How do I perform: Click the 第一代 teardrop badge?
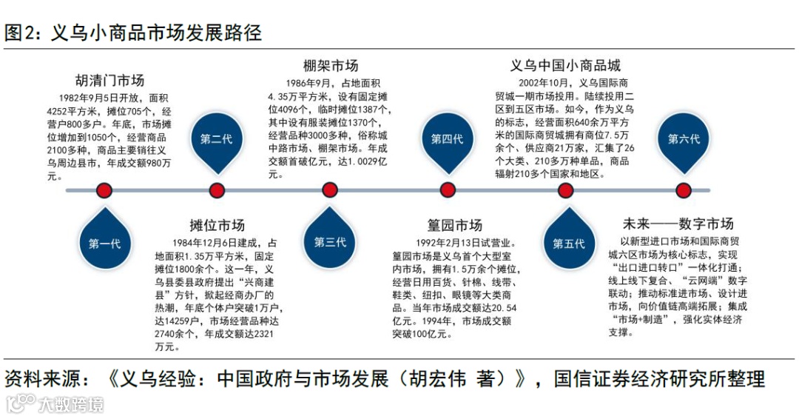(x=104, y=243)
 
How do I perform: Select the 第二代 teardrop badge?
(x=216, y=139)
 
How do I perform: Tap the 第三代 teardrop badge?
(x=330, y=242)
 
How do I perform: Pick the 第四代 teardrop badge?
(x=447, y=139)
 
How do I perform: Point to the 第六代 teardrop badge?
(x=684, y=139)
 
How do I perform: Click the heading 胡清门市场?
(x=109, y=81)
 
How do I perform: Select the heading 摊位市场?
(x=217, y=225)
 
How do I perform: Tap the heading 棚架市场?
(x=331, y=66)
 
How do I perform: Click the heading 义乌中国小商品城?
(x=565, y=66)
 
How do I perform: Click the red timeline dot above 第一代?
(x=104, y=191)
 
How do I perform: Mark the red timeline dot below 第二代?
(x=217, y=191)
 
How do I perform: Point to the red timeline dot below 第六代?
(x=684, y=191)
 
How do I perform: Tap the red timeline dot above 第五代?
(x=566, y=191)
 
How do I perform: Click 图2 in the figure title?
(x=21, y=33)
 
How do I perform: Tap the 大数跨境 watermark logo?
(x=55, y=404)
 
